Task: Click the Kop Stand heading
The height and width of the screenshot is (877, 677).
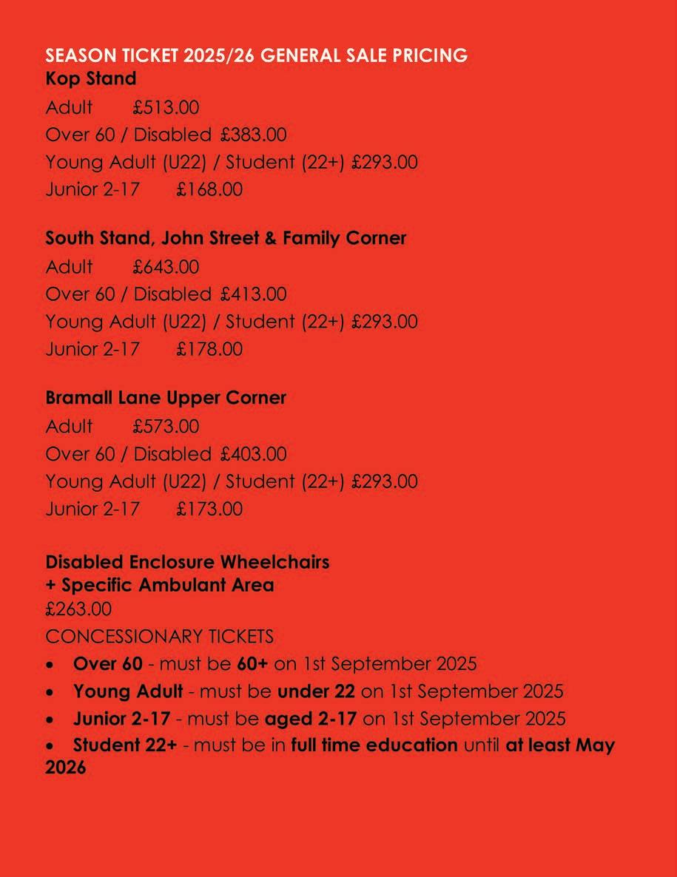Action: coord(91,78)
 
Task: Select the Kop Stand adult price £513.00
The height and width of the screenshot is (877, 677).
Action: coord(166,107)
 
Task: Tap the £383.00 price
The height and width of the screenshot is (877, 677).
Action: coord(253,135)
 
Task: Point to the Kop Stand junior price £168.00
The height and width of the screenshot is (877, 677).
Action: coord(209,189)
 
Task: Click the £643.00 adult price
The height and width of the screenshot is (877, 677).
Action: coord(166,267)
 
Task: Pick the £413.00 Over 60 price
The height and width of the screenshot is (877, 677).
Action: coord(253,294)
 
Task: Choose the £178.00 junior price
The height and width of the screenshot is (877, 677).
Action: coord(209,349)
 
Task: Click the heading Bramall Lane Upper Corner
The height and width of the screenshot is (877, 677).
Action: coord(166,397)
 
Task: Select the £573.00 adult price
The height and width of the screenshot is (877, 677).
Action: coord(166,427)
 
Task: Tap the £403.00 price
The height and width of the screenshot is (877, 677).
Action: coord(253,454)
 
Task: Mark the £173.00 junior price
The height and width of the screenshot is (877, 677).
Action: coord(209,509)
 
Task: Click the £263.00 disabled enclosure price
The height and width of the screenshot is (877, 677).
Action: coord(78,609)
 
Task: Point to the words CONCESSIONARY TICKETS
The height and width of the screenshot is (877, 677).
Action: coord(159,636)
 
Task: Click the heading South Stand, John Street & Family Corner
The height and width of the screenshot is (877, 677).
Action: coord(226,238)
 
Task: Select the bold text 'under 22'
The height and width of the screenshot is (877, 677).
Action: coord(316,692)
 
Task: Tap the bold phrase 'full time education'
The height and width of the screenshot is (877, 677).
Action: coord(374,745)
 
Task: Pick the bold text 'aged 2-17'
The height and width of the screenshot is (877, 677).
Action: coord(311,719)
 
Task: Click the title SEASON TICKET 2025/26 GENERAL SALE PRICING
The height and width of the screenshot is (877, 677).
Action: coord(256,55)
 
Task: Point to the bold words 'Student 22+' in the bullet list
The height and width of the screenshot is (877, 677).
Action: coord(125,745)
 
